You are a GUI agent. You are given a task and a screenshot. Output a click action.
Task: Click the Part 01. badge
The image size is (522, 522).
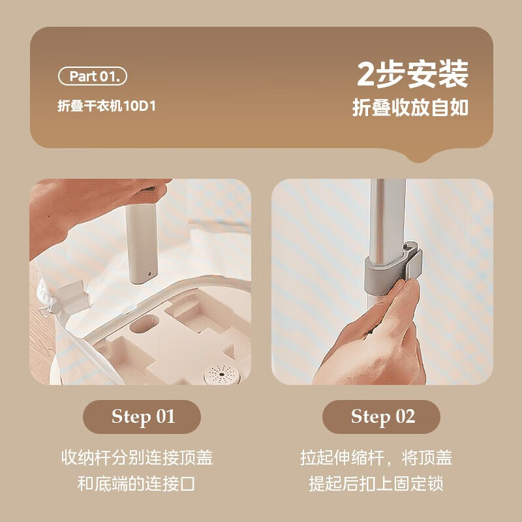[92, 76]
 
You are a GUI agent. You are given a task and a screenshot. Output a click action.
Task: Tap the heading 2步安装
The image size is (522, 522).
[412, 74]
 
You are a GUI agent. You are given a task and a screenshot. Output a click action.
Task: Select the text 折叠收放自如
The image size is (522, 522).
[410, 108]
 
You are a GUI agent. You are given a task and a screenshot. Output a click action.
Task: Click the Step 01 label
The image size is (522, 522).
[142, 417]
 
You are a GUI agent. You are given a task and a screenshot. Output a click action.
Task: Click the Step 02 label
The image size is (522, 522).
[382, 417]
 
